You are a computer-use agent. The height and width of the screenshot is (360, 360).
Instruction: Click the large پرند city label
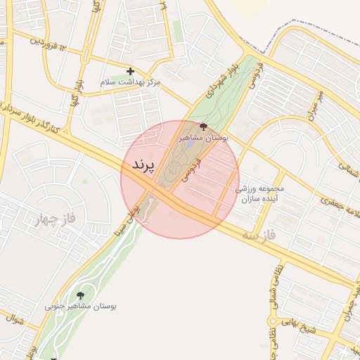[142, 165]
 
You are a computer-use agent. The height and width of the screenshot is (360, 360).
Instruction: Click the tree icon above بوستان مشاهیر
[203, 127]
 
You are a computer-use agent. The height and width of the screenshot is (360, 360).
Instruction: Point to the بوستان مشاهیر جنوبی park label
[81, 306]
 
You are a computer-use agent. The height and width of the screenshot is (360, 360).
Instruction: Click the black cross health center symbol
[130, 71]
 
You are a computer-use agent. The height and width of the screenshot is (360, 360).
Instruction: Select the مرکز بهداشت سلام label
[131, 82]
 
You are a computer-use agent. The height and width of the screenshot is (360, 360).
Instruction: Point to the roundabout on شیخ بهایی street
[271, 321]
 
